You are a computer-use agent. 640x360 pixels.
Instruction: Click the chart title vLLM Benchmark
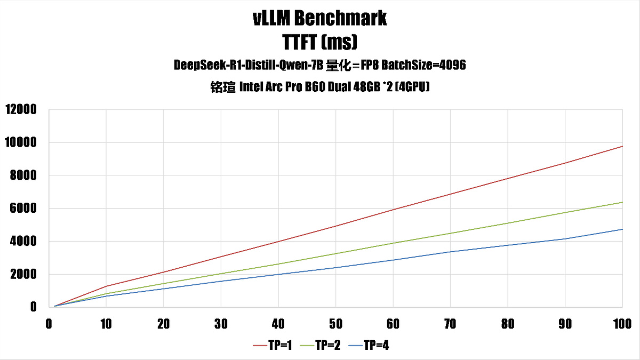pyautogui.click(x=320, y=19)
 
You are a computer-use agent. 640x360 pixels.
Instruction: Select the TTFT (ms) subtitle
pyautogui.click(x=320, y=42)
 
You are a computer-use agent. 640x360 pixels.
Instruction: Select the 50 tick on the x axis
pyautogui.click(x=335, y=324)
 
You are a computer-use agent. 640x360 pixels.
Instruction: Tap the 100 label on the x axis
pyautogui.click(x=622, y=324)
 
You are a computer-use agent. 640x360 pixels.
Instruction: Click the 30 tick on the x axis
pyautogui.click(x=221, y=324)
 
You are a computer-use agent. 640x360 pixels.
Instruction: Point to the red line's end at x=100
pyautogui.click(x=622, y=146)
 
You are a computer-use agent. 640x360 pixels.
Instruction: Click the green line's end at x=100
pyautogui.click(x=622, y=202)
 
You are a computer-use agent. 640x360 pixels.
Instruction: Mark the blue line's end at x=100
pyautogui.click(x=622, y=229)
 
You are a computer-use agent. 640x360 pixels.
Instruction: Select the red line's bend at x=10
pyautogui.click(x=106, y=286)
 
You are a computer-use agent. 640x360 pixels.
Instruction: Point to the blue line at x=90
pyautogui.click(x=565, y=239)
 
